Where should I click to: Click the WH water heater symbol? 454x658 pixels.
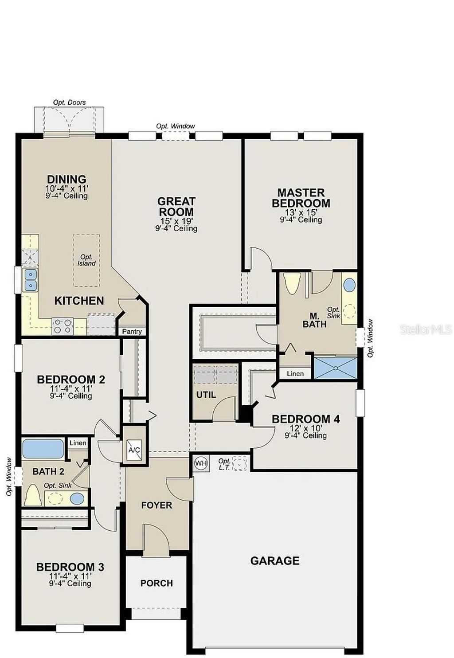tap(201, 463)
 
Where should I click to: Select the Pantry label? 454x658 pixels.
tap(132, 331)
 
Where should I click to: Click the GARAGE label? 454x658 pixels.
tap(274, 561)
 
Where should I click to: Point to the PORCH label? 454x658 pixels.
tap(157, 583)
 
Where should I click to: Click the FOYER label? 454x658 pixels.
tap(157, 505)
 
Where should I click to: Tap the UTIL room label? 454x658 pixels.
tap(206, 395)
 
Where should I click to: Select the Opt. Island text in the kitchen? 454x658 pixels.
tap(86, 260)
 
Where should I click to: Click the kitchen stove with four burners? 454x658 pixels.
tap(63, 326)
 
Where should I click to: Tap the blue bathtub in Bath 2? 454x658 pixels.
tap(43, 449)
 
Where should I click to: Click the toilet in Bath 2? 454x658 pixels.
tap(32, 495)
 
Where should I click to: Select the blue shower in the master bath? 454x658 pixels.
tap(336, 368)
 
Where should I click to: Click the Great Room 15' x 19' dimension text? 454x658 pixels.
tap(176, 221)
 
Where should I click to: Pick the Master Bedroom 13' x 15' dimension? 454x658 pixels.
tap(301, 212)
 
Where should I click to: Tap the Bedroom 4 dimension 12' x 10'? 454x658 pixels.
tap(306, 428)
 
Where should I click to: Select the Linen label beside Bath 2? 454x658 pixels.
tap(78, 443)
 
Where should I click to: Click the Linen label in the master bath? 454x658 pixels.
tap(295, 374)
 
